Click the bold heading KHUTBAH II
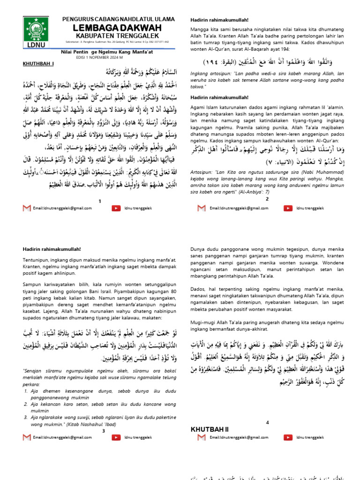click(x=209, y=429)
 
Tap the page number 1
click(x=99, y=201)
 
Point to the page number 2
click(x=267, y=199)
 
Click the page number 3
click(x=103, y=430)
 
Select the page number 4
click(x=268, y=422)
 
